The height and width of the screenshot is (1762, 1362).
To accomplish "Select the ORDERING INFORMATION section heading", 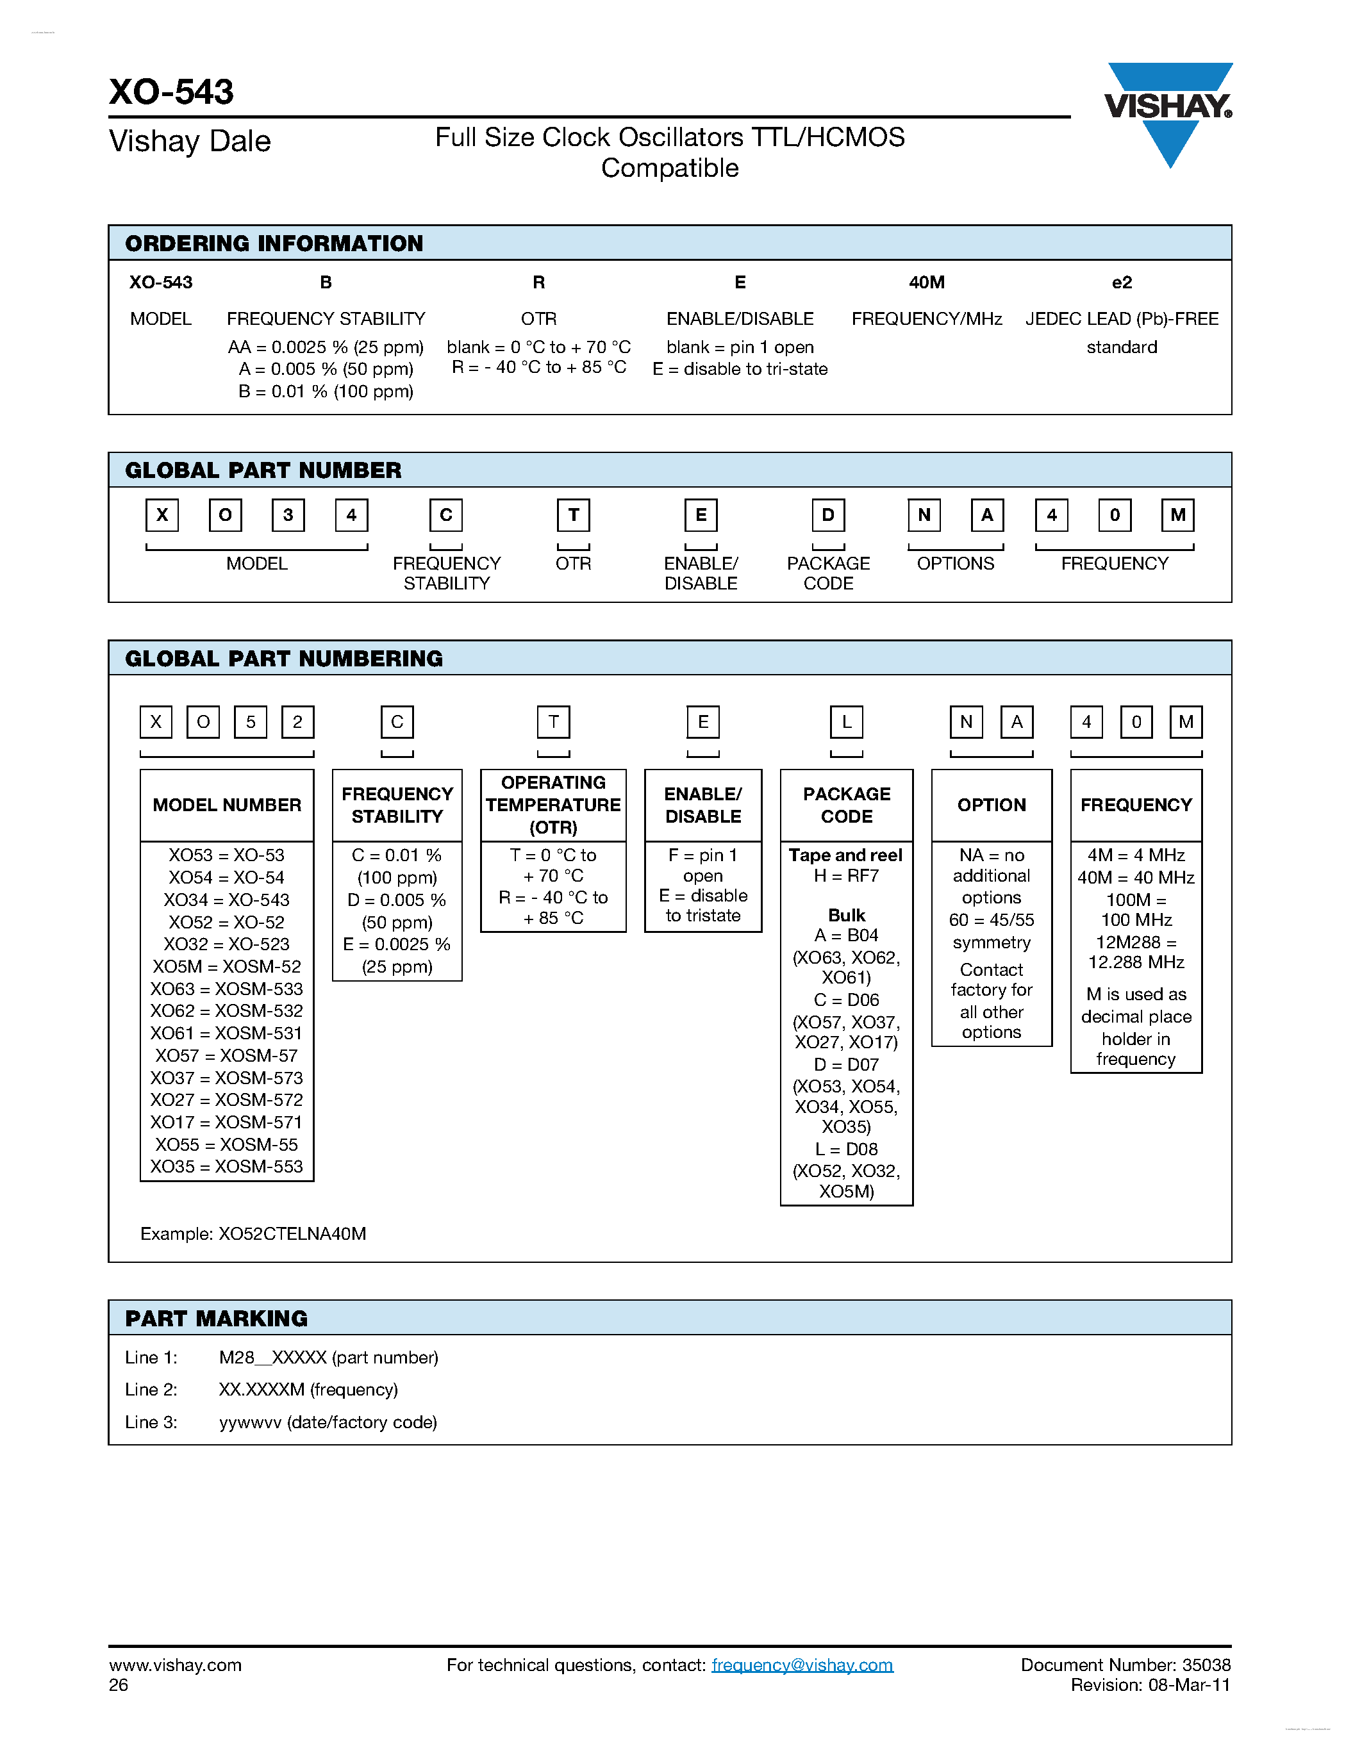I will [x=274, y=243].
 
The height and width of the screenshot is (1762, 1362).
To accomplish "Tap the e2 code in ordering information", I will [x=1122, y=283].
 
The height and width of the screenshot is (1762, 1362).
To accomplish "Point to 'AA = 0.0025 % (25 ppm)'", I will [x=325, y=347].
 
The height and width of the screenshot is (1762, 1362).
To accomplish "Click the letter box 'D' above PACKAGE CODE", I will [x=828, y=515].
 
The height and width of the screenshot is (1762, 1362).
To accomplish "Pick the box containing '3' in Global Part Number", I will [x=288, y=515].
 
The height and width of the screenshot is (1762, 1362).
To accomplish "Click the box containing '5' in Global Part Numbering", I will [x=250, y=722].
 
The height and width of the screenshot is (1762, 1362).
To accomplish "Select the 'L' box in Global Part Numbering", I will [x=847, y=722].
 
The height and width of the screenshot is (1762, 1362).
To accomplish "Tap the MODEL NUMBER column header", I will [x=227, y=805].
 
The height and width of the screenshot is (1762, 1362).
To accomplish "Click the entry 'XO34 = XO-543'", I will [x=227, y=900].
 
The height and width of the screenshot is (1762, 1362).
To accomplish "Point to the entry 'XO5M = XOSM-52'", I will [x=227, y=966].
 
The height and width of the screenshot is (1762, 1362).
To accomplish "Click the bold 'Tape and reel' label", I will [x=845, y=855].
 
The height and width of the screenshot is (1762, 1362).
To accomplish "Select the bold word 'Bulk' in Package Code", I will [x=847, y=915].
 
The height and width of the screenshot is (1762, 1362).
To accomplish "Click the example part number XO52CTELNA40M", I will [x=292, y=1233].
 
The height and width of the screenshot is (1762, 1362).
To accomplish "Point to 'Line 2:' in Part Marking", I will [x=151, y=1389].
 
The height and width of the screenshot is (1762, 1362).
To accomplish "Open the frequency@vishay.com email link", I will [x=802, y=1665].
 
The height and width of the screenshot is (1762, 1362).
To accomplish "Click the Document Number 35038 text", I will [x=1125, y=1665].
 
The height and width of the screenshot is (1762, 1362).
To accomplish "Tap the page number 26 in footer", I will [x=119, y=1684].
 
